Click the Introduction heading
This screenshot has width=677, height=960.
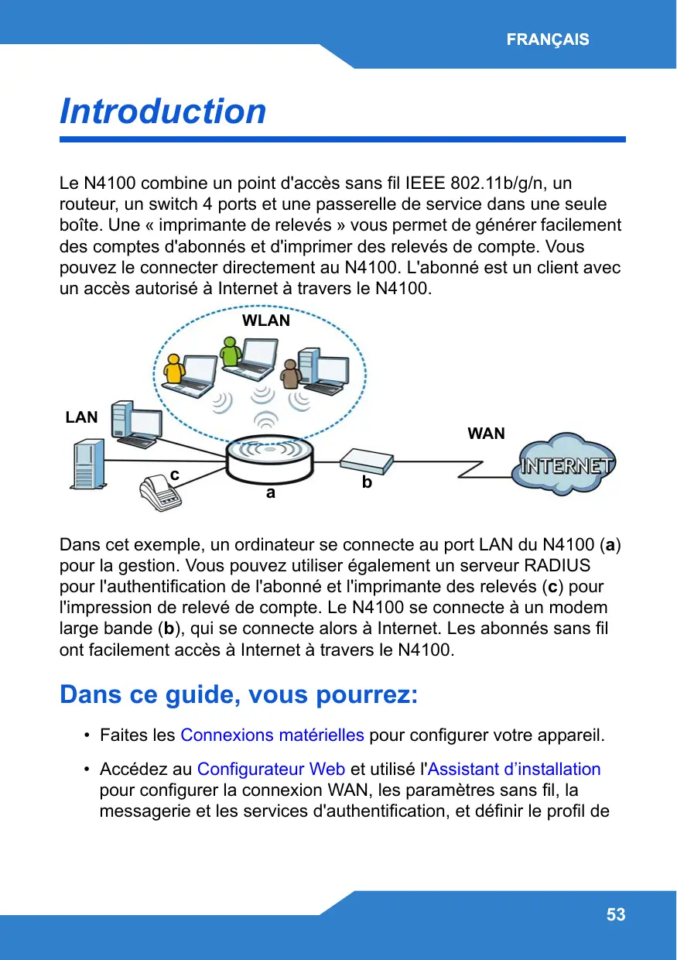point(163,111)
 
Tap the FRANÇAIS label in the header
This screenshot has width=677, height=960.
point(548,39)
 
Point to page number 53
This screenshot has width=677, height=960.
point(616,915)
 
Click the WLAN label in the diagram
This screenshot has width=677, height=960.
point(266,321)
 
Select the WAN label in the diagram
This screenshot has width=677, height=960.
point(486,434)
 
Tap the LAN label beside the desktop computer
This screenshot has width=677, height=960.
point(81,417)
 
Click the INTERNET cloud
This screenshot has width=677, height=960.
point(568,467)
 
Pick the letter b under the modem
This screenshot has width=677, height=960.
point(367,482)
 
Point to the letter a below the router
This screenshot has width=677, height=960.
point(270,492)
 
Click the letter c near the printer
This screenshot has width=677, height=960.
point(175,473)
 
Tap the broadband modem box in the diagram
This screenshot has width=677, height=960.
point(366,461)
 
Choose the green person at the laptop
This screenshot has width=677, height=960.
point(230,353)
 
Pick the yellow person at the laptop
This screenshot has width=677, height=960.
point(176,369)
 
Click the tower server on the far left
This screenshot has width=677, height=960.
point(87,465)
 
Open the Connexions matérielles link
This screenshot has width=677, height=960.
point(272,734)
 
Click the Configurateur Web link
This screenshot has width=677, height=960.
point(271,769)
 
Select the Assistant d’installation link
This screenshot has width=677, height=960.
point(515,769)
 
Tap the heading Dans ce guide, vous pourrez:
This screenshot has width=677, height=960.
point(238,694)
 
